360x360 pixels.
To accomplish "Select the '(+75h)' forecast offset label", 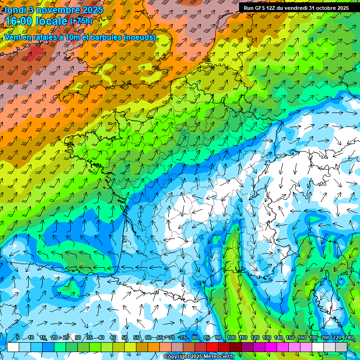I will [82, 21].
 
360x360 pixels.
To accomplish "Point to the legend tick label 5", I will [17, 337].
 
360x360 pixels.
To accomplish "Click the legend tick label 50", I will [125, 337].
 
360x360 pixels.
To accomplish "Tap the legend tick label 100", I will [231, 337].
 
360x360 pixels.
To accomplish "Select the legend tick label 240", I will [349, 337].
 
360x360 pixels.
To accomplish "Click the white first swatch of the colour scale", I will [13, 347].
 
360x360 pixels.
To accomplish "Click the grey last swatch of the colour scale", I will [342, 347].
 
